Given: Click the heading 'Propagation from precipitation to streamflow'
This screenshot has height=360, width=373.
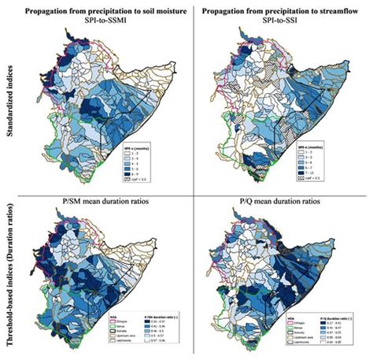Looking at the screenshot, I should pos(282,9).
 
